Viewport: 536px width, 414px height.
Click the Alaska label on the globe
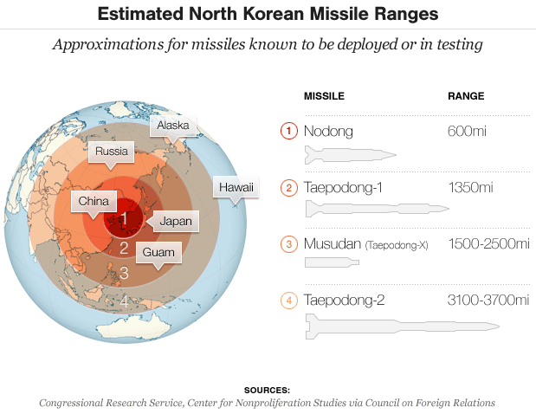click(172, 126)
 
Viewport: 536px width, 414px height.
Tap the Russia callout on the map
click(112, 152)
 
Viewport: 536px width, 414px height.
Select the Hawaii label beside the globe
click(235, 187)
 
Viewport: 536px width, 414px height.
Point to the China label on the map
click(93, 201)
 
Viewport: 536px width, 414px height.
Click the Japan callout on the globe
click(176, 221)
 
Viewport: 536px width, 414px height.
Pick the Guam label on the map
click(159, 253)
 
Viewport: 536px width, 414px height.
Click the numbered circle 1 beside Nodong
click(288, 131)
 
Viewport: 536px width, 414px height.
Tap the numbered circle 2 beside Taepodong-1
click(288, 187)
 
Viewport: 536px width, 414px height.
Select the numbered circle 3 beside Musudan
click(288, 243)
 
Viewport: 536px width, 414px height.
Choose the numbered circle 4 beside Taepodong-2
click(288, 301)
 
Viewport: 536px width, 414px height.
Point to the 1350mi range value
click(470, 187)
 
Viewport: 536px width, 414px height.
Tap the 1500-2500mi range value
click(488, 243)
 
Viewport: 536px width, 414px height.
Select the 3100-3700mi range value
click(488, 301)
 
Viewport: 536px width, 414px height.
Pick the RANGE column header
click(465, 95)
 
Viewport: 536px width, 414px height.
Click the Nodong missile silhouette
click(350, 155)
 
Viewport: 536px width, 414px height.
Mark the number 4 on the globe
click(124, 301)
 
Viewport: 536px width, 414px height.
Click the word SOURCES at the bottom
click(267, 390)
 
